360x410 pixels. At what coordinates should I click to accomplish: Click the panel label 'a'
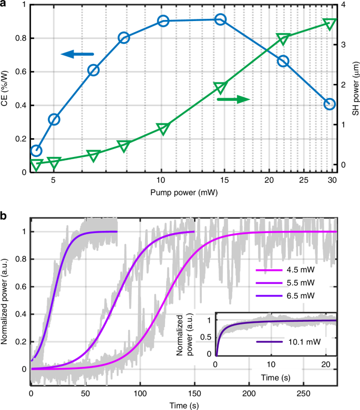pos(4,5)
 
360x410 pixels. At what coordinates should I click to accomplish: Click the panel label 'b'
pos(4,215)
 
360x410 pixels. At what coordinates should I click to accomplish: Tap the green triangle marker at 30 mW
pos(330,24)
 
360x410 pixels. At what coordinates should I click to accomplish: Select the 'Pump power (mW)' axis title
pos(182,193)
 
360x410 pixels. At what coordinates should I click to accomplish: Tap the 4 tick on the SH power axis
pos(343,5)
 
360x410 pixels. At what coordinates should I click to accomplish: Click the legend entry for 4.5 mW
pos(297,271)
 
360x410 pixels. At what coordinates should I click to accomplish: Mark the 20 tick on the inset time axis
pos(325,364)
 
